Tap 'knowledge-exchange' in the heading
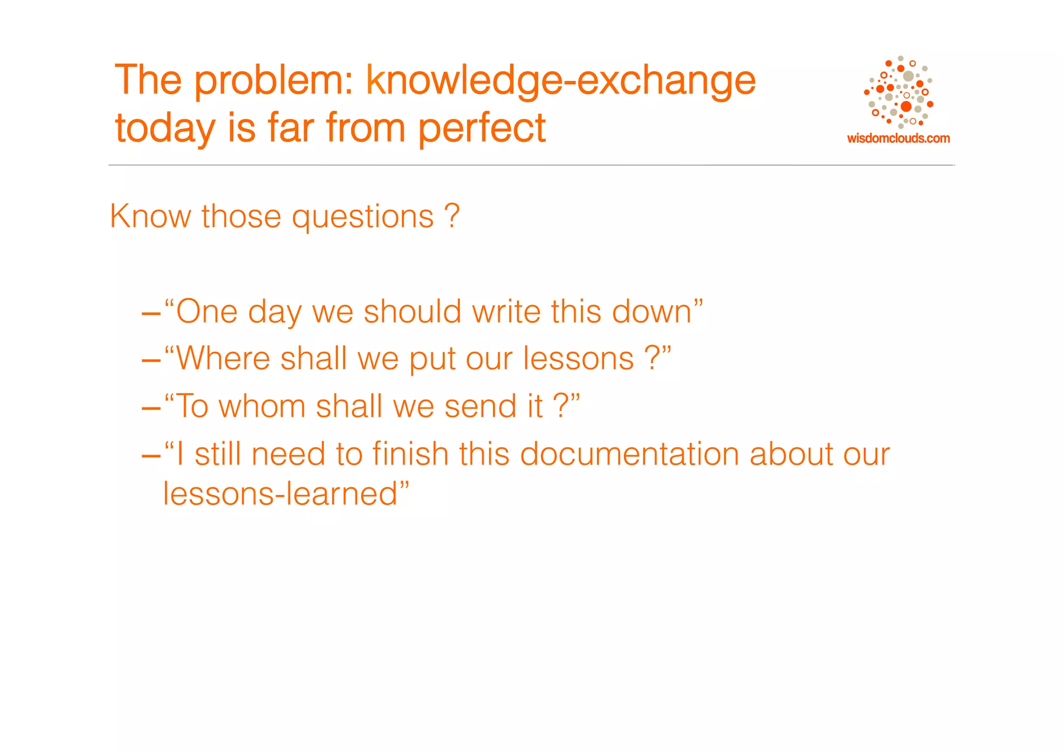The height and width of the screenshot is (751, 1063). [x=561, y=80]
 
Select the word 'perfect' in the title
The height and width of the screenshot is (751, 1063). [x=482, y=128]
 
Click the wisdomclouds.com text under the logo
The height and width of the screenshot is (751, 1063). [x=898, y=139]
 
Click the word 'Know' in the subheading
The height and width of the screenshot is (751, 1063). [x=150, y=216]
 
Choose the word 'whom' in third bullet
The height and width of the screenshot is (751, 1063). [x=262, y=406]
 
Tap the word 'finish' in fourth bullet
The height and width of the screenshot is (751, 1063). [x=410, y=454]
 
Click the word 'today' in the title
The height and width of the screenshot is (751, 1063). [x=165, y=128]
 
